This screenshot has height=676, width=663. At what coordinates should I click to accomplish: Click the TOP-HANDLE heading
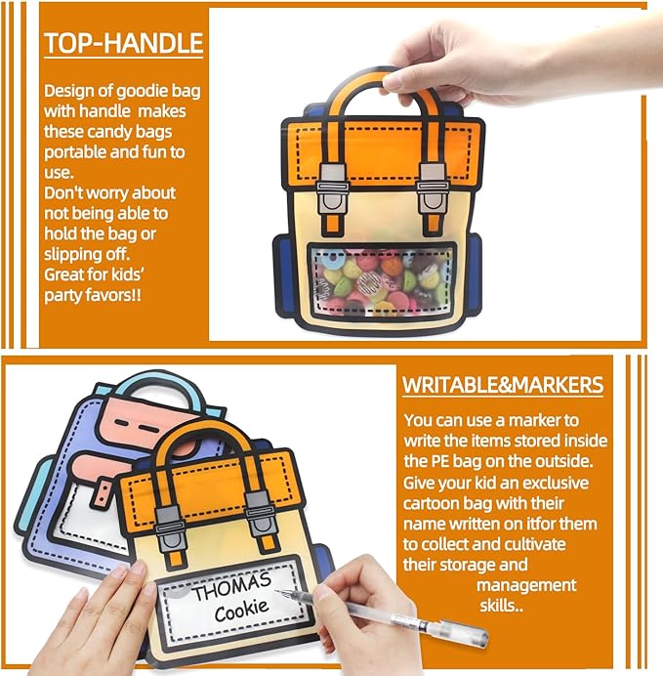pos(124,43)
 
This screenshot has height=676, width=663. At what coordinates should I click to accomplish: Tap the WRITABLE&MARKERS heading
pos(503,385)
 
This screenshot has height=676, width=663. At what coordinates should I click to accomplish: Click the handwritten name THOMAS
pos(232,586)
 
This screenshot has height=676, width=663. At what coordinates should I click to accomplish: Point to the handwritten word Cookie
pos(242,611)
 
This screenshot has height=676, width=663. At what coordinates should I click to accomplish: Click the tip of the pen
pos(276,591)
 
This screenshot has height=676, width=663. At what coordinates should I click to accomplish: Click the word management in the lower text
pos(526,585)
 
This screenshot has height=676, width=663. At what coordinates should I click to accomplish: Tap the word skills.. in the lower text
pos(502,606)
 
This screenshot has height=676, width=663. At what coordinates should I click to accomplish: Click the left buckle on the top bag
pos(333,190)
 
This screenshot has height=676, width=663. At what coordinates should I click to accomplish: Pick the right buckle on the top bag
pos(433,190)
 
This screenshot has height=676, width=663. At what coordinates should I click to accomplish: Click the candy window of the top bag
pos(382,280)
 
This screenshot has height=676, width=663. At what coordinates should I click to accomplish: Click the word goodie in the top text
pos(142,92)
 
